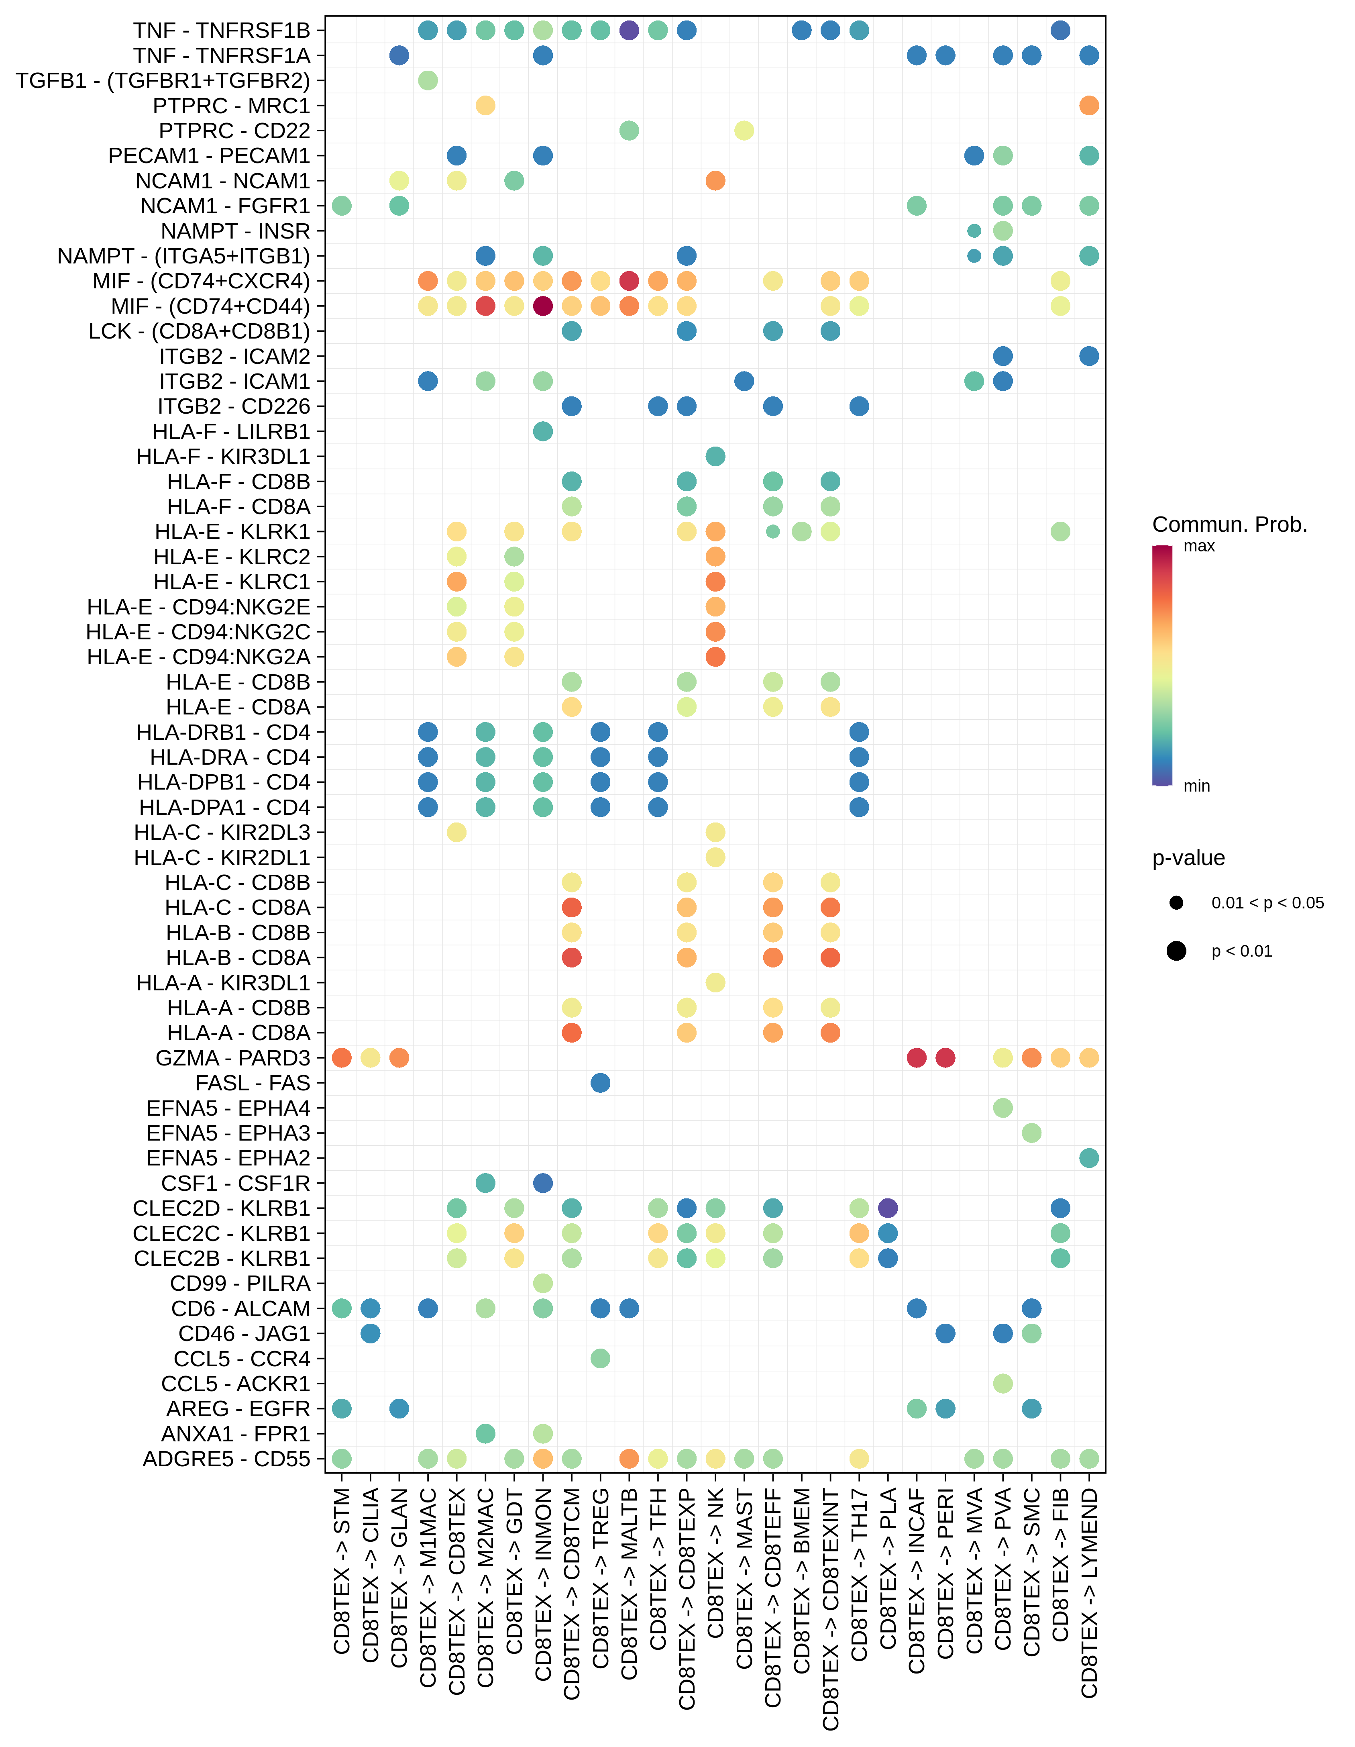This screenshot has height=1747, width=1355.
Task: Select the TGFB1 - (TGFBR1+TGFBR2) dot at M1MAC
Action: [x=428, y=81]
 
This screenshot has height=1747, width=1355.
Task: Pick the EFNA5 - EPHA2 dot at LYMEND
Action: [x=1089, y=1158]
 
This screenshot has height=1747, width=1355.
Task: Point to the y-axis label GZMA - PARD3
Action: [x=232, y=1058]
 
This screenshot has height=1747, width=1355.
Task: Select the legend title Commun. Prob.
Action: [x=1229, y=525]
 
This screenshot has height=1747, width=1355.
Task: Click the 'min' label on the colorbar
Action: [x=1197, y=786]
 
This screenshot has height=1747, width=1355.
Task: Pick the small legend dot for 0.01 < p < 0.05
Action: [x=1176, y=903]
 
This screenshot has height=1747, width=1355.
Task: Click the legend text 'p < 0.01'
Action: [x=1241, y=951]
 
